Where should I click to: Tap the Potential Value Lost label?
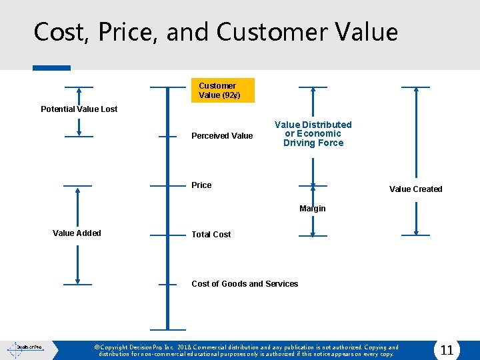pos(79,109)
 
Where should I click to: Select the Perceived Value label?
pos(222,136)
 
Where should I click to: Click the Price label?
pos(201,185)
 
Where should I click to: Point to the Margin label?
pos(313,209)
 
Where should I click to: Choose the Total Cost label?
pos(211,235)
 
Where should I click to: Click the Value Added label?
pos(77,233)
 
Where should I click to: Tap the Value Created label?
pos(415,189)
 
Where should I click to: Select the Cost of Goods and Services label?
pos(245,284)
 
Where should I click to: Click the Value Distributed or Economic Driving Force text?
pos(313,134)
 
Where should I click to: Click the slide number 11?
pos(447,350)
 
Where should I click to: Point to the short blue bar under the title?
pos(51,68)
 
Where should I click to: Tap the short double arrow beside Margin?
pos(313,193)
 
